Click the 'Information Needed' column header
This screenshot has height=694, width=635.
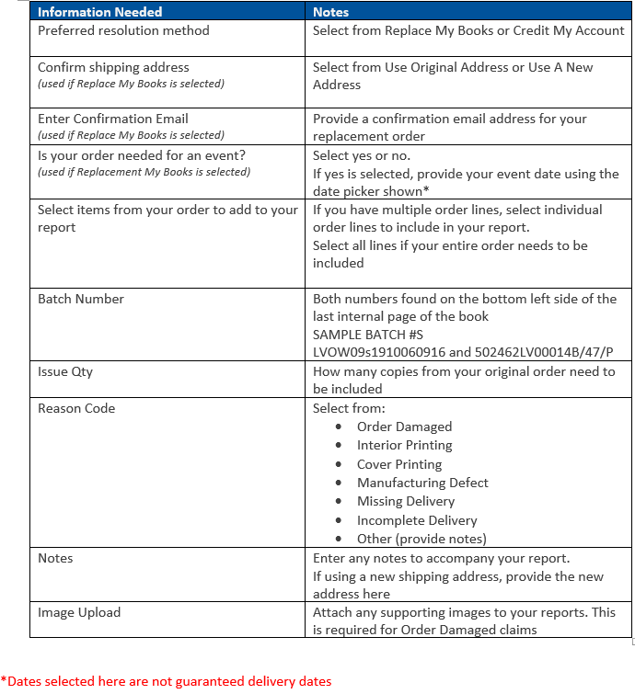click(x=99, y=12)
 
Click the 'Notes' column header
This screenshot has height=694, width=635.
click(x=330, y=12)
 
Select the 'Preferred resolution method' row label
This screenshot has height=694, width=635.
click(x=123, y=30)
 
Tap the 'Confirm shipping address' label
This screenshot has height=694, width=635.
click(x=113, y=67)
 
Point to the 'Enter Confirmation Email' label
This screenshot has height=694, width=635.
click(x=112, y=119)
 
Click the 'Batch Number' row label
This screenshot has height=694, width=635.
click(x=81, y=299)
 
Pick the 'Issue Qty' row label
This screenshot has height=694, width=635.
click(x=65, y=371)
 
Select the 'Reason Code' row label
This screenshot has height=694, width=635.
click(x=76, y=408)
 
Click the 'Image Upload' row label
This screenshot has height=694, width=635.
click(x=79, y=612)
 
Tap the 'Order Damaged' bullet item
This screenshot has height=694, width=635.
click(x=404, y=427)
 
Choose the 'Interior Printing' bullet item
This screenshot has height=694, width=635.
click(x=404, y=445)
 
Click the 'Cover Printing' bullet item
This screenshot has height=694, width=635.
click(x=399, y=464)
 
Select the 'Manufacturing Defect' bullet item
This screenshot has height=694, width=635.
click(x=422, y=483)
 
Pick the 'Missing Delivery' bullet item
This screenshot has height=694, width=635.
click(x=406, y=501)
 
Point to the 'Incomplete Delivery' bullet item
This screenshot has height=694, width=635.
click(x=417, y=520)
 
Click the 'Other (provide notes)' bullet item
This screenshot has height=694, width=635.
click(x=421, y=539)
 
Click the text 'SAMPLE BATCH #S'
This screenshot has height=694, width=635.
click(x=368, y=335)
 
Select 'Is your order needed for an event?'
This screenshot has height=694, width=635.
click(x=142, y=155)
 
